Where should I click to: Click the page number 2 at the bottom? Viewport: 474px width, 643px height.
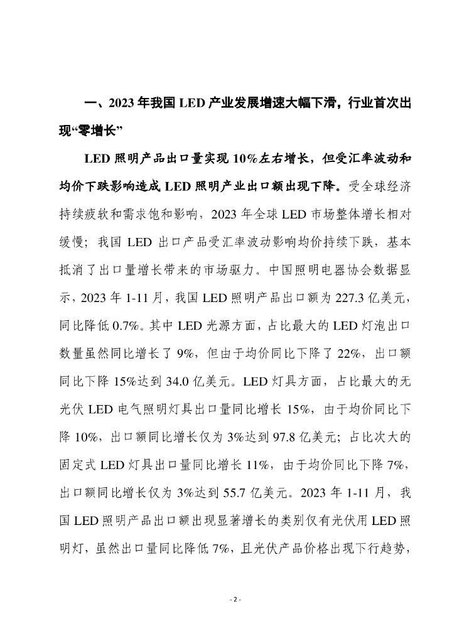click(x=237, y=599)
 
